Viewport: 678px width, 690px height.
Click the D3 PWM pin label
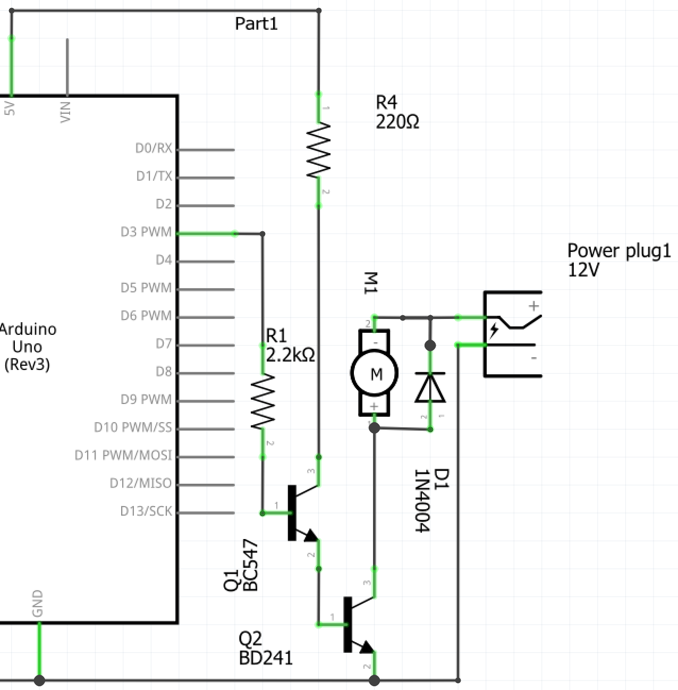[x=146, y=232]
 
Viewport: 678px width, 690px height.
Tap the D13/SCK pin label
[x=146, y=511]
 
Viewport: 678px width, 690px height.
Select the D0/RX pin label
[x=154, y=148]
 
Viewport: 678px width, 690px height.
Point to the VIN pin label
[x=65, y=112]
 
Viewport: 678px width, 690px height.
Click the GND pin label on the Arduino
[x=38, y=603]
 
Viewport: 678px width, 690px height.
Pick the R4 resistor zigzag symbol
[x=319, y=150]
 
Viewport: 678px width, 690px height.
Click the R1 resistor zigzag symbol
[x=263, y=401]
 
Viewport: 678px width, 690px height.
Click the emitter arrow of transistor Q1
[x=311, y=536]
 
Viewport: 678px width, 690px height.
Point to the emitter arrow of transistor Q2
[x=367, y=647]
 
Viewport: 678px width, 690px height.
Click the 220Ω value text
[x=397, y=122]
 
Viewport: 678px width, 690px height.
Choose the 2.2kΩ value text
[x=290, y=356]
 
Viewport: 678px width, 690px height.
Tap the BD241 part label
[x=266, y=658]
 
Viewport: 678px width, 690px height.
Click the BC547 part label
[x=251, y=565]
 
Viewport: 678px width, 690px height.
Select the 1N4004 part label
[x=422, y=501]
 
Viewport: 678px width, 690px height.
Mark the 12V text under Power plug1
[x=583, y=270]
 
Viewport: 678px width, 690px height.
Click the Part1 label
[x=256, y=24]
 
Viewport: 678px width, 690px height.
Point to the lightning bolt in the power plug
[x=494, y=331]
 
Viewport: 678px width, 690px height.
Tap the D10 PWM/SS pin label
[x=133, y=427]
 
